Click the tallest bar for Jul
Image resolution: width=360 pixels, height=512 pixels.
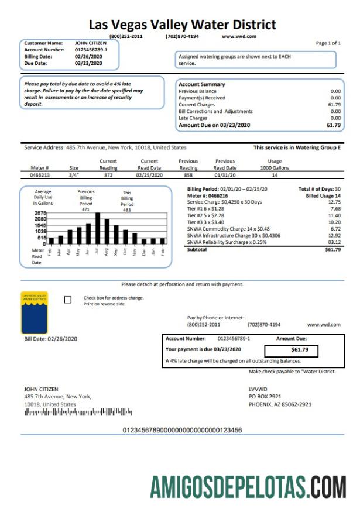98,228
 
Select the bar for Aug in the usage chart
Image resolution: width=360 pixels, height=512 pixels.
107,231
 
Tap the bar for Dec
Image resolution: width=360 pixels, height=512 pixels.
144,240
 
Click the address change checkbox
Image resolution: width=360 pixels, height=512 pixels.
67,300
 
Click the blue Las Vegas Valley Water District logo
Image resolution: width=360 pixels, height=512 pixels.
34,312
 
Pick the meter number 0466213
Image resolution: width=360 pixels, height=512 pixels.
40,174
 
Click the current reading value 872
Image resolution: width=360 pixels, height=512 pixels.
108,174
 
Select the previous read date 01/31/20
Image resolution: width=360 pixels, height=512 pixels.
225,174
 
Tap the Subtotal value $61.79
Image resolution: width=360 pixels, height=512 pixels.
332,249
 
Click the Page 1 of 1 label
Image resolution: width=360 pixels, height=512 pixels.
328,43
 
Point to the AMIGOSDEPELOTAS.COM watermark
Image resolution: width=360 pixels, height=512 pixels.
248,486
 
